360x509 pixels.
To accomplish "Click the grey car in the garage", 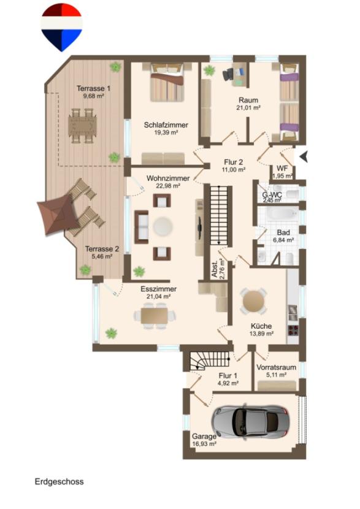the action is tap(250, 422).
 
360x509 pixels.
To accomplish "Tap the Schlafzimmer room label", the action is tap(166, 124).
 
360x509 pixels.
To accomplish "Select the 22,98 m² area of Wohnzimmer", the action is tap(168, 186).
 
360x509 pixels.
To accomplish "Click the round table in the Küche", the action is tap(253, 301).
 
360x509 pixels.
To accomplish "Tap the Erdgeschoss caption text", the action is tap(59, 481).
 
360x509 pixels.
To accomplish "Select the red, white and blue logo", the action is tap(61, 27).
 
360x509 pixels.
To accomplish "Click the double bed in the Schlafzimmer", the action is tap(167, 82).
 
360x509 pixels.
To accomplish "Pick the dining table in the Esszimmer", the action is tap(154, 316).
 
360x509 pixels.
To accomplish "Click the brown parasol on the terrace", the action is tap(58, 213).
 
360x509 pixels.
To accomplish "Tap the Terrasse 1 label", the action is tap(93, 88).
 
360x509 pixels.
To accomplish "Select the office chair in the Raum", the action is tap(229, 74).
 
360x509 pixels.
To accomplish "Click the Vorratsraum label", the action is tap(276, 367).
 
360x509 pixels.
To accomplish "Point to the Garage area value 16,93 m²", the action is tap(204, 444).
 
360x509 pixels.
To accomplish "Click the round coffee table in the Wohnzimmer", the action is tap(163, 226).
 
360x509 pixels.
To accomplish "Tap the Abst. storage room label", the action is tap(214, 269).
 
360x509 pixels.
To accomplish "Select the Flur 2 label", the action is tap(234, 162).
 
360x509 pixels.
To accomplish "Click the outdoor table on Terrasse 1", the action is tap(82, 126).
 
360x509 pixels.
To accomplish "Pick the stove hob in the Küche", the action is tap(293, 330).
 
